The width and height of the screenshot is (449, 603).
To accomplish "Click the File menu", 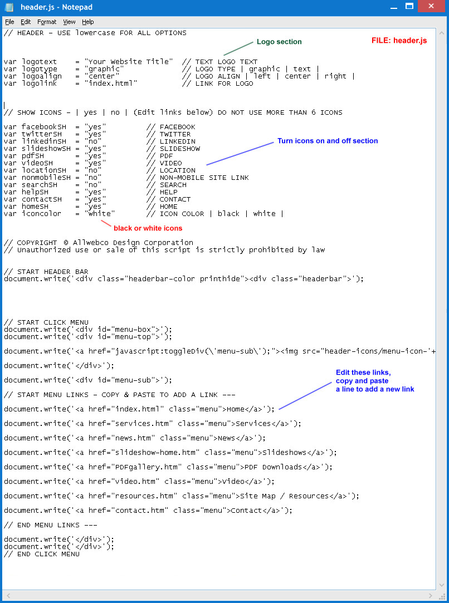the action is point(9,22).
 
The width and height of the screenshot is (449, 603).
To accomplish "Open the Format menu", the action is point(47,22).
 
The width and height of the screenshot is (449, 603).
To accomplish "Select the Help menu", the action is point(87,22).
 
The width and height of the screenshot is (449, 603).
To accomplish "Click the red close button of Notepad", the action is point(431,6).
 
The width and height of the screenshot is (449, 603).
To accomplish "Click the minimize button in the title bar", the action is point(394,7).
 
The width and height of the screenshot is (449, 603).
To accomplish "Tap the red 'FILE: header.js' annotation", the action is point(399,41).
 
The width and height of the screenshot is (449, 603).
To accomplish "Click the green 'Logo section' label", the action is point(279,42).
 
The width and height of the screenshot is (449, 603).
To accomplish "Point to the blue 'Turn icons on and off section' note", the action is point(328,141).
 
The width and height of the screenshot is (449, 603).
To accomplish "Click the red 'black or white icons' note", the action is point(148,228).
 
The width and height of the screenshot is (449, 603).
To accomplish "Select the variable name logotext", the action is point(39,62).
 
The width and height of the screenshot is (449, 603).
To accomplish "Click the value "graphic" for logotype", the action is point(104,69).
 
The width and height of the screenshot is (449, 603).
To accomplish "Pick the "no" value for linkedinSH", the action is point(92,141).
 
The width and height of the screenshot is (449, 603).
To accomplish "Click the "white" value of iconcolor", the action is point(99,213).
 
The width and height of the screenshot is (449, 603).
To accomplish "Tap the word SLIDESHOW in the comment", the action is point(180,149).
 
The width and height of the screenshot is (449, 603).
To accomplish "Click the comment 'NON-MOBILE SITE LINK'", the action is point(204,177).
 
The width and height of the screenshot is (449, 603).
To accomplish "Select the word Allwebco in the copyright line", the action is point(92,242).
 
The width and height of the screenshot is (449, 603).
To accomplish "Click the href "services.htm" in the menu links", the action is point(142,423).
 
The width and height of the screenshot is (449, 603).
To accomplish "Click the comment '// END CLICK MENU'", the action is point(42,554).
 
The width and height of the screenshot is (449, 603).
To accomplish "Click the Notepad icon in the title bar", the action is point(9,7).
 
